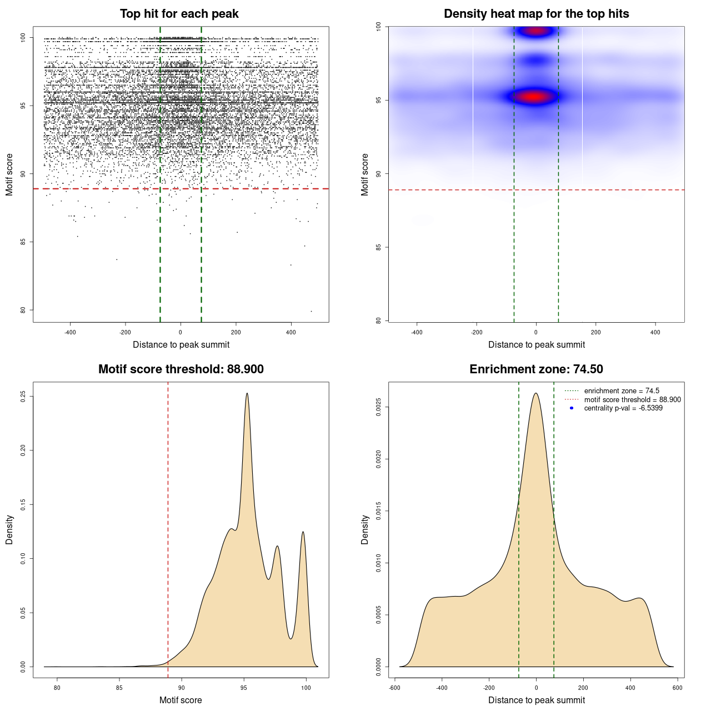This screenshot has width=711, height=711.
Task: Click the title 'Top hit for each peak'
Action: tap(179, 14)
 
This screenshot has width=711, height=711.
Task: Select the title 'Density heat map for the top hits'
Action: tap(536, 14)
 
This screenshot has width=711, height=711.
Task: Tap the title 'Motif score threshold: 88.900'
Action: tap(181, 369)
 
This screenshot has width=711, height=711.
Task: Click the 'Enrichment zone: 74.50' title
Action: tap(536, 369)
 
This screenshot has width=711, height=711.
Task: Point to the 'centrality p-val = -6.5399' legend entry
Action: tap(623, 408)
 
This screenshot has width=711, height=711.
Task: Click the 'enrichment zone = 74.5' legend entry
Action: tap(621, 391)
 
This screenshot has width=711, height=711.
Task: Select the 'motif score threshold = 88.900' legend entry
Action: tap(632, 400)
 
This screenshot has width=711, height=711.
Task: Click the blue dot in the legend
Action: tap(572, 408)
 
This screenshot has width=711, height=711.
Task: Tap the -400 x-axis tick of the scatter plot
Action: tap(70, 333)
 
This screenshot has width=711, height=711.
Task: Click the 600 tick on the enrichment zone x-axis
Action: tap(677, 688)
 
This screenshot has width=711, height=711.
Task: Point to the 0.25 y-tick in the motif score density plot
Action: tap(23, 396)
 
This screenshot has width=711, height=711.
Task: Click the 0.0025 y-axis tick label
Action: tap(378, 407)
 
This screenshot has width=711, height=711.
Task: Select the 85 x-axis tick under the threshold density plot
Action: tap(119, 688)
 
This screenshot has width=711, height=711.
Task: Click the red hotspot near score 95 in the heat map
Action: tap(534, 97)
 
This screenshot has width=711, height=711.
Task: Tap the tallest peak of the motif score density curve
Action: tap(247, 394)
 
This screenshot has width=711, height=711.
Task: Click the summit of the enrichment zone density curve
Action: tap(536, 394)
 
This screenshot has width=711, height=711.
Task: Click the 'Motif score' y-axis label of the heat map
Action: tap(365, 174)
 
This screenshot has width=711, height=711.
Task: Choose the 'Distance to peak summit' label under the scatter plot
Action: tap(181, 345)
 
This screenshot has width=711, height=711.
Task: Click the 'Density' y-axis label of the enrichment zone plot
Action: tap(365, 529)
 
